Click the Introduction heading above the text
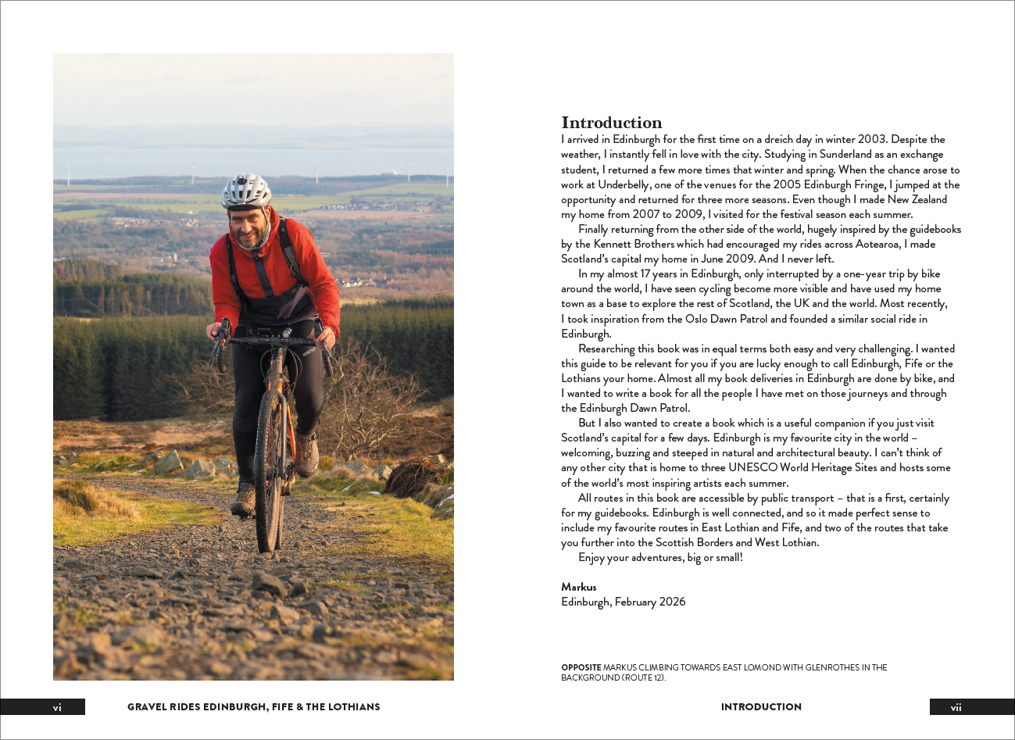[611, 123]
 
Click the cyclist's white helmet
[245, 191]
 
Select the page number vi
[57, 707]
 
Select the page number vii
[956, 707]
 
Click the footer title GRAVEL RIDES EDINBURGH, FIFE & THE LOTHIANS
[253, 707]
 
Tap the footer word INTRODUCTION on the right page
[761, 707]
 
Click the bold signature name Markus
[578, 587]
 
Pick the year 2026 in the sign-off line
[671, 602]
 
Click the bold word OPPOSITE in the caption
[581, 667]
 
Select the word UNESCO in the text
[752, 468]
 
